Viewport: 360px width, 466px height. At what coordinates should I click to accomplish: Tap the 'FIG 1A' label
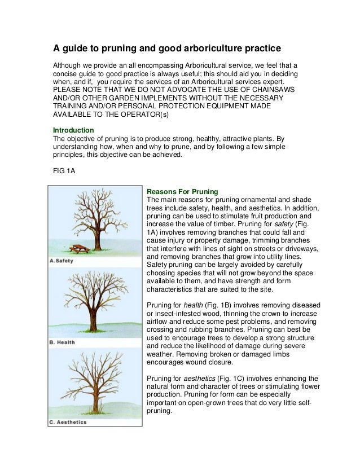tap(62, 173)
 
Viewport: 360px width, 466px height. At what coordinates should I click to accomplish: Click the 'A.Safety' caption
tap(64, 260)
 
